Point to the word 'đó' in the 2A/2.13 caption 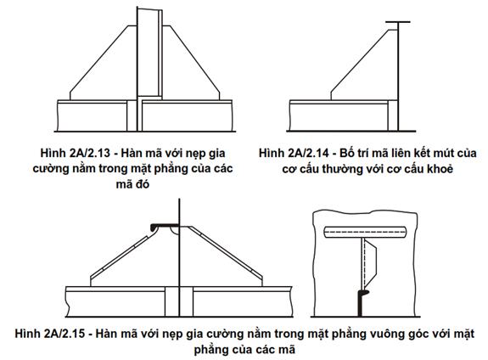142,184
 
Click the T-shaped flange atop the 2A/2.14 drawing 398,22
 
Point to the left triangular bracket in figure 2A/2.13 104,63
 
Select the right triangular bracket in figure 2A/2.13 191,63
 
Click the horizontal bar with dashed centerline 365,232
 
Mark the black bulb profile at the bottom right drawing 361,302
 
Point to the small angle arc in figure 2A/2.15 174,231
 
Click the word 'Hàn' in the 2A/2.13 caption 126,153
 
